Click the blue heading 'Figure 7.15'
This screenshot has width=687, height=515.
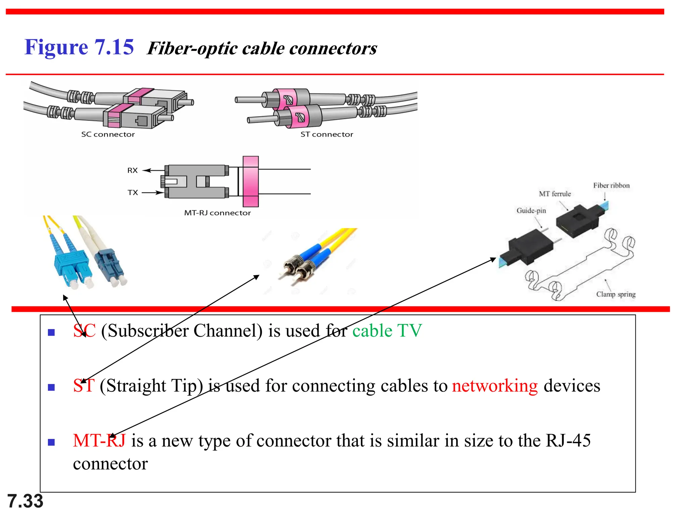[x=79, y=47]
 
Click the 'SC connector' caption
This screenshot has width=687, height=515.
[x=108, y=134]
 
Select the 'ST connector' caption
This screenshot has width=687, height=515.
[x=327, y=134]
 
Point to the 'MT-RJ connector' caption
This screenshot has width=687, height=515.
[x=217, y=213]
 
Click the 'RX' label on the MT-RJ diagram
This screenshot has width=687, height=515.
[x=133, y=170]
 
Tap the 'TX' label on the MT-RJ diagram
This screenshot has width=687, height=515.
[x=133, y=192]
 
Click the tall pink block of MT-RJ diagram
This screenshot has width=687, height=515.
[x=251, y=181]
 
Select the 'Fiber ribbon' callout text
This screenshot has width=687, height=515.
[x=611, y=185]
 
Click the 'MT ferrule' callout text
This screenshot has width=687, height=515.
[x=555, y=194]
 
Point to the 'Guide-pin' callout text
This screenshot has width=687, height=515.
[x=531, y=211]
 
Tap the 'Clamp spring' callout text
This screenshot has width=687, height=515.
[x=616, y=294]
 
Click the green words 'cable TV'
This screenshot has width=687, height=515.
[x=387, y=331]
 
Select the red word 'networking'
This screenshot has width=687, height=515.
[x=495, y=386]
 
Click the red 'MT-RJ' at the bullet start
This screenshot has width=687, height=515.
[x=99, y=441]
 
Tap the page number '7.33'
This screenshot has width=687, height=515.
[x=25, y=501]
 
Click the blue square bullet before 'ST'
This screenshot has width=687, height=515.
[x=51, y=388]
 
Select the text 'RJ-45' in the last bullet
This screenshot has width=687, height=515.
[x=568, y=441]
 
